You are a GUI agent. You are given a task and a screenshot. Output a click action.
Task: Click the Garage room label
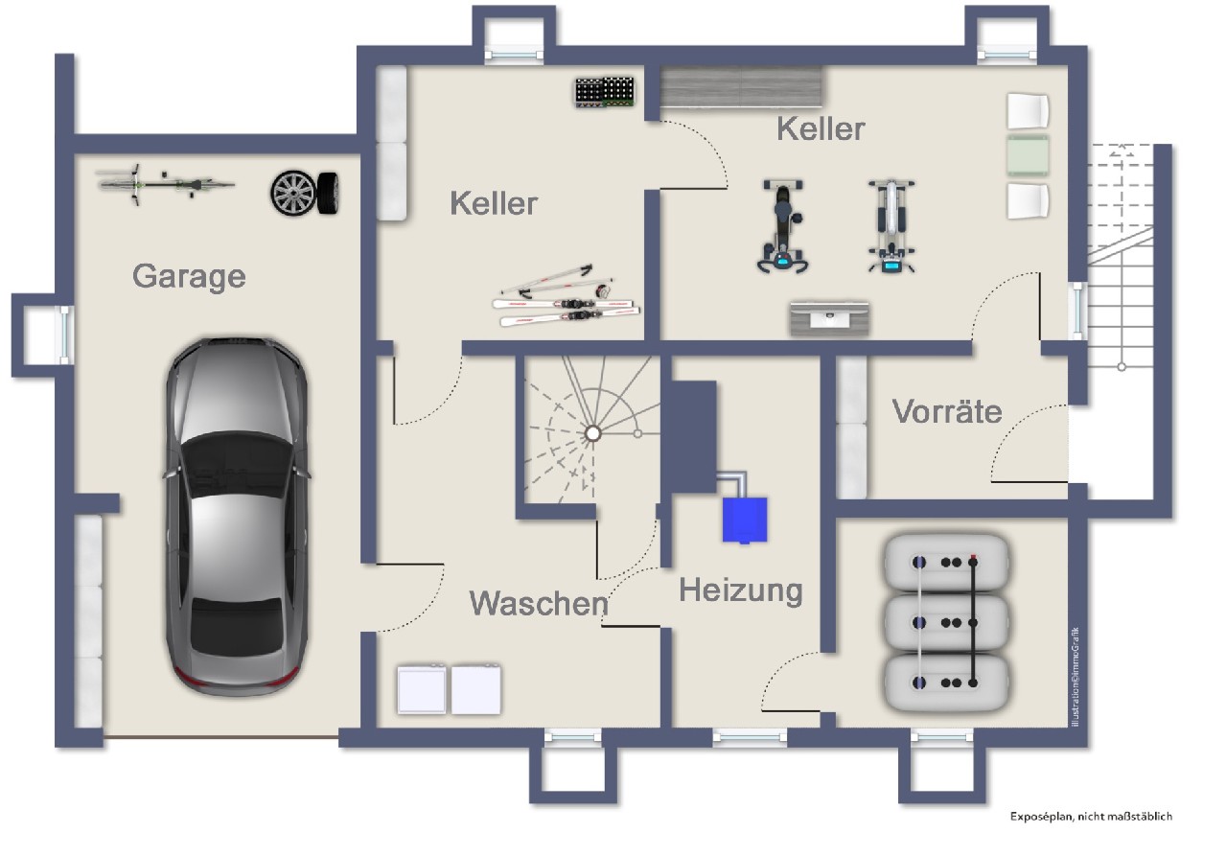(189, 276)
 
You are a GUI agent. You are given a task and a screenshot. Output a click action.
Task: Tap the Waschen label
(538, 603)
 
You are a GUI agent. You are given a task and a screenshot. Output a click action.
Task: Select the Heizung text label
(740, 590)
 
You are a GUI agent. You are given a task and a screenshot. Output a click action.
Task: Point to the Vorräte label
(947, 411)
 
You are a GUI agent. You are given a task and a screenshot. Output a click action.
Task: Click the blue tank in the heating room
(745, 519)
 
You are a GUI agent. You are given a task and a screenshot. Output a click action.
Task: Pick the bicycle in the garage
(165, 182)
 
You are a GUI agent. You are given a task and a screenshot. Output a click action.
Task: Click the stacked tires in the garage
(306, 192)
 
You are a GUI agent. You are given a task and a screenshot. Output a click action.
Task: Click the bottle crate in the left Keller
(607, 92)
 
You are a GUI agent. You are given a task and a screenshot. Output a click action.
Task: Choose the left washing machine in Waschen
(422, 689)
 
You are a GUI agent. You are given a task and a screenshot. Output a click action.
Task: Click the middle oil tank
(946, 622)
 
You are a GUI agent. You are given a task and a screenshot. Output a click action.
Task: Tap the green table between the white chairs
(1028, 153)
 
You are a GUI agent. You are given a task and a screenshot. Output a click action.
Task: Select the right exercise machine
(891, 227)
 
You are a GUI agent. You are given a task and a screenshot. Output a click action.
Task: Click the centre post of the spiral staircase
(592, 433)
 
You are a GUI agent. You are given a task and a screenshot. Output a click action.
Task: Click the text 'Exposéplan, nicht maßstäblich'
(1091, 817)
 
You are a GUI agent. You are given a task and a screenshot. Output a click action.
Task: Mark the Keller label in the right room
(821, 128)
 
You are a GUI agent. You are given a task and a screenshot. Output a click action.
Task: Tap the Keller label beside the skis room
(494, 203)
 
